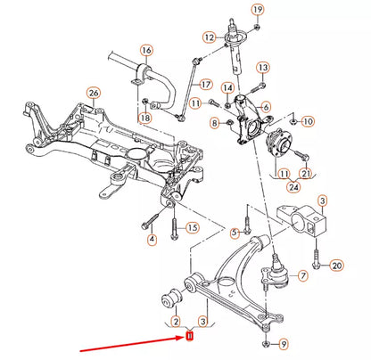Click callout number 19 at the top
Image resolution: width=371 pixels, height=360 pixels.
pos(258,10)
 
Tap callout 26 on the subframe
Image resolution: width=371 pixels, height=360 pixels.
pos(93,92)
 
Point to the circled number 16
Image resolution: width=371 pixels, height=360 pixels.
pos(146,50)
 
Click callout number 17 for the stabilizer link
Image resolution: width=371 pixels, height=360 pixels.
pos(206,85)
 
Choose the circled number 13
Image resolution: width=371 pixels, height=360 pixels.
pos(263,68)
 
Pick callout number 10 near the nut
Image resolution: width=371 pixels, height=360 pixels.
pos(308,120)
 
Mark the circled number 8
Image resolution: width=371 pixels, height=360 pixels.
pos(214,122)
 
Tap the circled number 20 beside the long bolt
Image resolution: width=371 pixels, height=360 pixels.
pos(336,266)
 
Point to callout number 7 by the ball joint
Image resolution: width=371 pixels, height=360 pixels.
pos(302,276)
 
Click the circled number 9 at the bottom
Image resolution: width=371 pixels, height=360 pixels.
pos(283,343)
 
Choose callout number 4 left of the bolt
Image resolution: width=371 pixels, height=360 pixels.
pos(151,238)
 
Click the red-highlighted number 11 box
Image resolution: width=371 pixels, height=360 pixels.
pos(189,336)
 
